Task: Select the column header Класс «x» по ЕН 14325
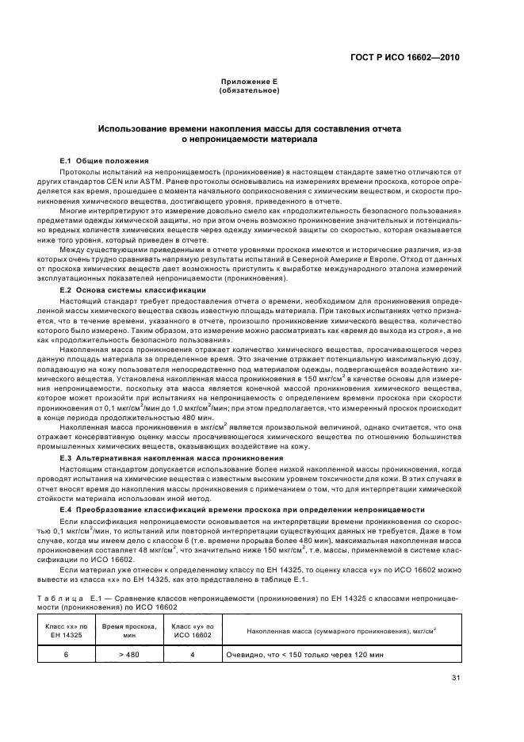point(67,631)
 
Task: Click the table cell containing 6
point(67,655)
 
